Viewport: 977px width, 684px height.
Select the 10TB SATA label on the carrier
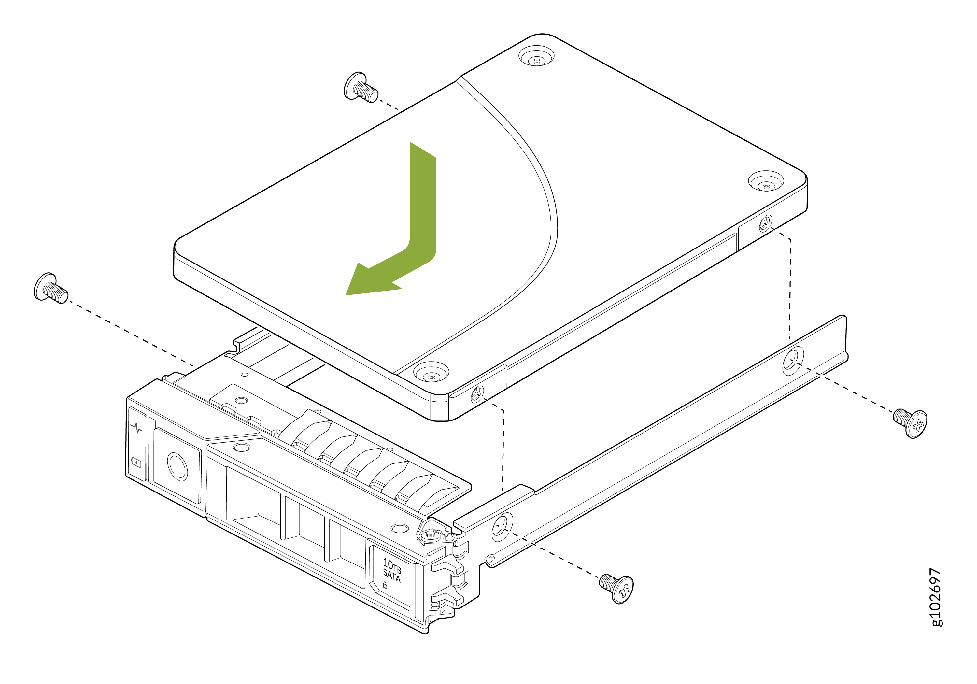[392, 570]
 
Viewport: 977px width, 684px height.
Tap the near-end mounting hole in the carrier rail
[502, 526]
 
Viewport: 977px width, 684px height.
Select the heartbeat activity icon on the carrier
[136, 428]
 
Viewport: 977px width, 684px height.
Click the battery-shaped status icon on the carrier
[136, 463]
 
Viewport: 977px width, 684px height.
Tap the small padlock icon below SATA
[385, 585]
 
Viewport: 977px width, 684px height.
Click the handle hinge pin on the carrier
[430, 533]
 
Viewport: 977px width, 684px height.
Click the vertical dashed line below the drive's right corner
[790, 290]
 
